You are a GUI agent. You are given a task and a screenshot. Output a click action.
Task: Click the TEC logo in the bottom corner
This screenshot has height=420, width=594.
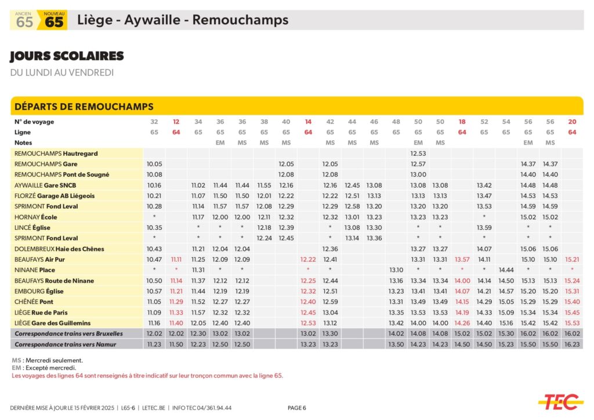(x=560, y=400)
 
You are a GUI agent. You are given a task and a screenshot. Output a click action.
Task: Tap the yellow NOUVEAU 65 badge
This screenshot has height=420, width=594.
(x=53, y=20)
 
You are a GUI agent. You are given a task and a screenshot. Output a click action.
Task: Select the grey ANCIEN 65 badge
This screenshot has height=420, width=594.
(x=24, y=20)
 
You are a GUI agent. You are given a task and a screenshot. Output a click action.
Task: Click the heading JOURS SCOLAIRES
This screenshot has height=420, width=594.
(x=67, y=56)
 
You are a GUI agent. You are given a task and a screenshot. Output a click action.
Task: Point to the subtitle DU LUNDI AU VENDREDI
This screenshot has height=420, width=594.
(x=62, y=72)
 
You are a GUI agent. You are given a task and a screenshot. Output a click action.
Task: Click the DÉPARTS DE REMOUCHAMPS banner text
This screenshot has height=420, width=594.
(x=84, y=107)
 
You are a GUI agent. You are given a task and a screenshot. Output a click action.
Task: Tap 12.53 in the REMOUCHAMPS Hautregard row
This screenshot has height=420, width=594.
(x=418, y=154)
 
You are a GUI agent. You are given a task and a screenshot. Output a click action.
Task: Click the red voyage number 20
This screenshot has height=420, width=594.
(x=572, y=122)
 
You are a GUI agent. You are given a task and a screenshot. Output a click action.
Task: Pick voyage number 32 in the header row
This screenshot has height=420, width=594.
(x=154, y=122)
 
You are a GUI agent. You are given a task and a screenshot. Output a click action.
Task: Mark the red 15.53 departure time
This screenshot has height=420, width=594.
(x=572, y=323)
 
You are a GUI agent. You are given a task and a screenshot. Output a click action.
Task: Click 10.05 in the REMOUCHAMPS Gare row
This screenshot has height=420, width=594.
(x=154, y=164)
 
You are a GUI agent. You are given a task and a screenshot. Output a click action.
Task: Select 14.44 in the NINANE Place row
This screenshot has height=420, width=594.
(x=506, y=270)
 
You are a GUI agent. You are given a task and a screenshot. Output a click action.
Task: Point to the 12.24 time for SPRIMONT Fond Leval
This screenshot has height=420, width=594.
(x=264, y=238)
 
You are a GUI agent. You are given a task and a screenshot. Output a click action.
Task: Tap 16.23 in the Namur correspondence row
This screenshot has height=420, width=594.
(x=572, y=344)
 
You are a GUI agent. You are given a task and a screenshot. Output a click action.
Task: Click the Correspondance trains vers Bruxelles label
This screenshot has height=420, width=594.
(x=69, y=334)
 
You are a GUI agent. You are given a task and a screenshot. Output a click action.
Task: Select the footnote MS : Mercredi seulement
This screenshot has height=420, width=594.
(x=47, y=360)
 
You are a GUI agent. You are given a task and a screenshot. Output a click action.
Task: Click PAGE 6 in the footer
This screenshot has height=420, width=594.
(x=296, y=408)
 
